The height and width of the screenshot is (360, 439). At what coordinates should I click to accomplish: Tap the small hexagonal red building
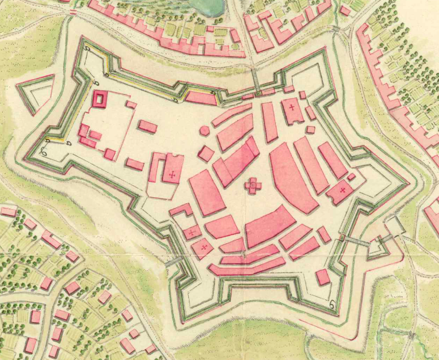205,130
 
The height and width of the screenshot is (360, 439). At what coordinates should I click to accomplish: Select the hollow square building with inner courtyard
99,99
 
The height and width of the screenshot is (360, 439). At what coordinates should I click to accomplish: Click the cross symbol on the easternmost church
342,191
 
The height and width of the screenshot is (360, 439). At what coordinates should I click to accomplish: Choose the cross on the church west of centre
173,175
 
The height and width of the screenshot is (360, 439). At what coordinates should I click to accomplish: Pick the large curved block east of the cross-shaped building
292,177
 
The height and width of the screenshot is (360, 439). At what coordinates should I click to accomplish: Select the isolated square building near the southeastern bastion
323,277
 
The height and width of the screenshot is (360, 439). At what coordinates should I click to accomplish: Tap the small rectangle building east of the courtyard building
147,126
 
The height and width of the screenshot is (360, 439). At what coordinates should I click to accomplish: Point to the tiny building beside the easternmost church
351,177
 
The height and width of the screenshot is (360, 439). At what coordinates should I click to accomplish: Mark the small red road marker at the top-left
73,12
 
